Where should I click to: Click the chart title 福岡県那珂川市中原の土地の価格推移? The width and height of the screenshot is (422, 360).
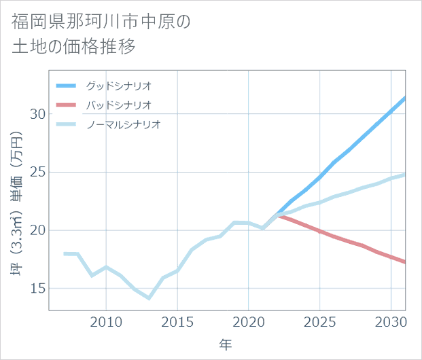[x=102, y=34]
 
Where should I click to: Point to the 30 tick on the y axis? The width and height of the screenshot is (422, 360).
[x=38, y=113]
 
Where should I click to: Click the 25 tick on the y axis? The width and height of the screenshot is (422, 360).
[x=38, y=172]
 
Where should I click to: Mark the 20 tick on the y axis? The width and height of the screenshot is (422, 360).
[x=38, y=230]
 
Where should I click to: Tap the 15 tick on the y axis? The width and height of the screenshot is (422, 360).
[x=38, y=289]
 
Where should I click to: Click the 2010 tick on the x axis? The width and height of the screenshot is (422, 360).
[x=106, y=321]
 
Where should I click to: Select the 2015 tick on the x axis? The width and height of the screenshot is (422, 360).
[x=177, y=321]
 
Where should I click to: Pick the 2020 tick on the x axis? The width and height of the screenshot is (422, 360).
[x=249, y=321]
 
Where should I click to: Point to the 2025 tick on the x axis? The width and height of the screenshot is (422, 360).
[x=320, y=321]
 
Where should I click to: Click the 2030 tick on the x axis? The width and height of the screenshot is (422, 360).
[x=391, y=321]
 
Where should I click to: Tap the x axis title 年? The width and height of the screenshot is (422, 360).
[x=226, y=344]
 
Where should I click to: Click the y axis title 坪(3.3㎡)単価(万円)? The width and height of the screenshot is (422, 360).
[x=18, y=204]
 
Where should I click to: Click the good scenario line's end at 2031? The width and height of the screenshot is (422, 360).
[x=405, y=98]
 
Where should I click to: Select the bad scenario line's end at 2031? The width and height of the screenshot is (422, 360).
[x=405, y=262]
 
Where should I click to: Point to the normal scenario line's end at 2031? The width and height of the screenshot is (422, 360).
[x=405, y=175]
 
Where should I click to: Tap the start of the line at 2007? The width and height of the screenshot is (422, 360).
[x=64, y=253]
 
